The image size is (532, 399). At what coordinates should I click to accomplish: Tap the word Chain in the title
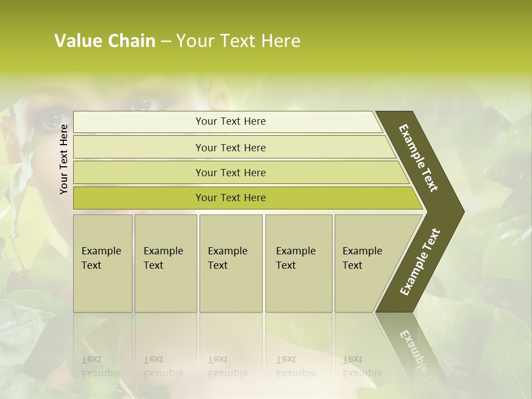(130, 41)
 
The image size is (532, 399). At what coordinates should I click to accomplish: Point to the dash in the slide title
(166, 42)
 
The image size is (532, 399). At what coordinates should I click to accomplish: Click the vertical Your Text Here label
(64, 160)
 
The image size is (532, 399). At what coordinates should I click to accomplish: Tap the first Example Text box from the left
(103, 263)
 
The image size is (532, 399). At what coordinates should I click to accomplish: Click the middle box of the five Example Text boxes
(231, 263)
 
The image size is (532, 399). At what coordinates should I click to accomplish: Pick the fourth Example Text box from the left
(299, 263)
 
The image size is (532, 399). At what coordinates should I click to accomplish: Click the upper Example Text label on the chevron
(418, 158)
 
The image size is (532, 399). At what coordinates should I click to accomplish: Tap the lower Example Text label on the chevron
(420, 262)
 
